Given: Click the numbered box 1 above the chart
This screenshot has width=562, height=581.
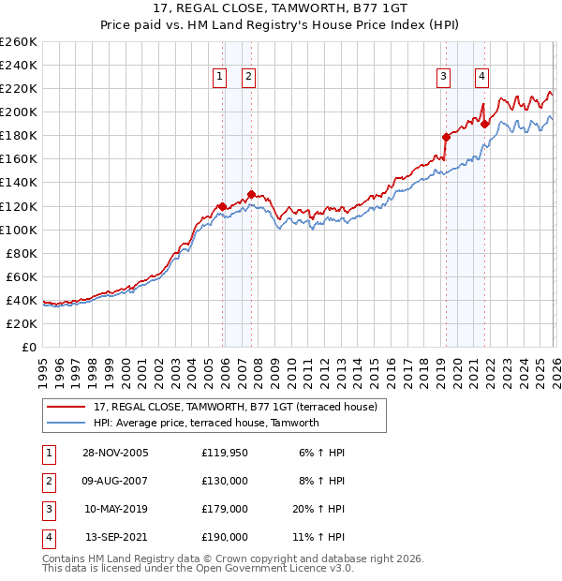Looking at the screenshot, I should tap(219, 77).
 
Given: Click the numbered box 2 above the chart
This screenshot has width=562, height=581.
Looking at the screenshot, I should tap(248, 77).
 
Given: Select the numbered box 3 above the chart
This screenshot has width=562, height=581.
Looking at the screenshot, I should tap(442, 77).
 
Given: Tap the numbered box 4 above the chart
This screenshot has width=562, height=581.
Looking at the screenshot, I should tap(481, 77).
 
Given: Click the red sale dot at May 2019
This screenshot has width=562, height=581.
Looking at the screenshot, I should tap(446, 137).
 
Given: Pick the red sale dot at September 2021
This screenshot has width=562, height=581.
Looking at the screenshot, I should tap(485, 124).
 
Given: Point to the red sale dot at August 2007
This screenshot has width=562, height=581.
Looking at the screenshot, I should tap(251, 194).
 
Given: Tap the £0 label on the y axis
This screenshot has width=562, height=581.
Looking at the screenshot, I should tap(28, 347).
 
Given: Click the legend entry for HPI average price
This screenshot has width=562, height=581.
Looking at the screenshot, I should tap(206, 423).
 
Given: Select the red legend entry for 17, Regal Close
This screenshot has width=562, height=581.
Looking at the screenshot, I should tap(235, 407).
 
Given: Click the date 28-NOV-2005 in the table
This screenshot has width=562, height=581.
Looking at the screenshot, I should tap(115, 453).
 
